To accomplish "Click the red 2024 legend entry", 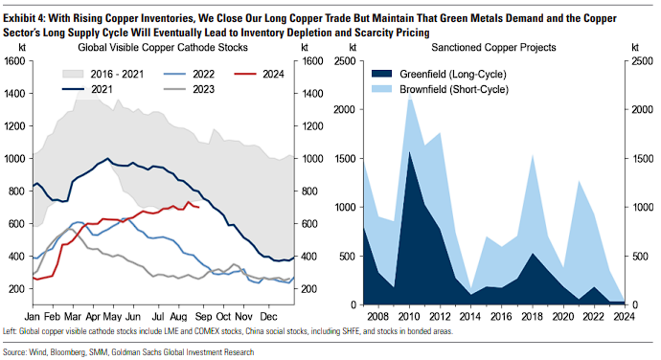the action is [260, 74].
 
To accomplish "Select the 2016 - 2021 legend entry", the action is [103, 74].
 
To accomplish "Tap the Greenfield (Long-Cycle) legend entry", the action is [439, 74].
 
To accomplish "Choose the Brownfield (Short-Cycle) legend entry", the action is [440, 89].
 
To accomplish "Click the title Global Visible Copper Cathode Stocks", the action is [163, 47].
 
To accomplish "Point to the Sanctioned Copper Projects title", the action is [493, 47].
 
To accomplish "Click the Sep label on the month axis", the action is [204, 316].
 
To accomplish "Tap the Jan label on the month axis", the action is [33, 316].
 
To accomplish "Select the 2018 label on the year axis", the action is [533, 316].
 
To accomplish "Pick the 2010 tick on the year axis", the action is [409, 316].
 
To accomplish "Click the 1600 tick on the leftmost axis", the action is [14, 61].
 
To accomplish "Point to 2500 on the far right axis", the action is [642, 61].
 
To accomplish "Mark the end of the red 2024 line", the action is [198, 207].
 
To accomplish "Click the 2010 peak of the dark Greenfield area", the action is [409, 152].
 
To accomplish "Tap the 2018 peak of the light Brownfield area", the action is [533, 155].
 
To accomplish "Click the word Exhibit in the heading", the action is [19, 18].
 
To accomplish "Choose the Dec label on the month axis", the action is [268, 316].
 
